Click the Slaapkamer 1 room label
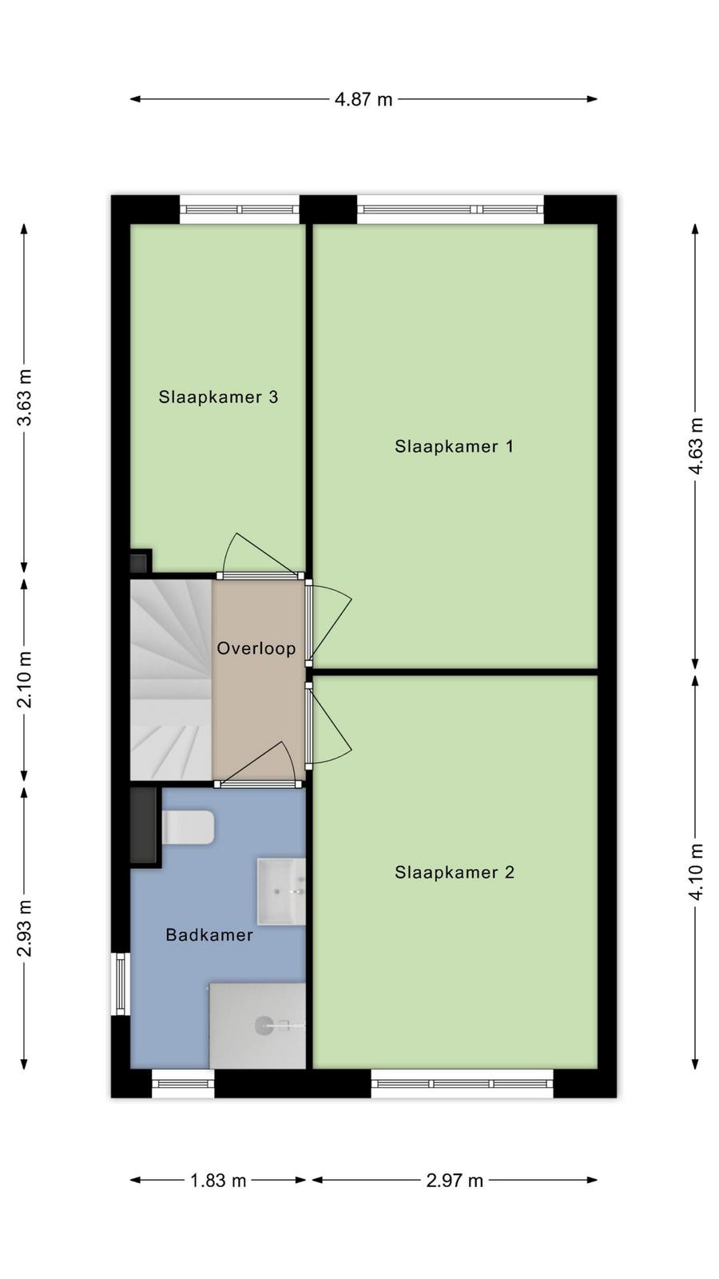[455, 447]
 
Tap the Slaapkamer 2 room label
[455, 872]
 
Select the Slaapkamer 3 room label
[219, 396]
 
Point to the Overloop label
[256, 648]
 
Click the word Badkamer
[209, 934]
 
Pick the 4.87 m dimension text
[363, 99]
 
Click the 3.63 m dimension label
[25, 396]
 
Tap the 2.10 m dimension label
[25, 679]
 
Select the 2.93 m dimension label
[25, 928]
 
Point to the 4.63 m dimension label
[696, 446]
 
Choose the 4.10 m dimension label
[696, 872]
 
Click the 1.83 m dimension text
[218, 1180]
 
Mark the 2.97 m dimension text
[455, 1180]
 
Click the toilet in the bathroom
[189, 827]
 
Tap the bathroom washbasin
[281, 891]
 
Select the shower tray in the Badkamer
[257, 1026]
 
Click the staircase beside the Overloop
[171, 679]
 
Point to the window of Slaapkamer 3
[240, 209]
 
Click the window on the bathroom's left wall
[121, 984]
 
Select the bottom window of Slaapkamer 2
[463, 1084]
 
